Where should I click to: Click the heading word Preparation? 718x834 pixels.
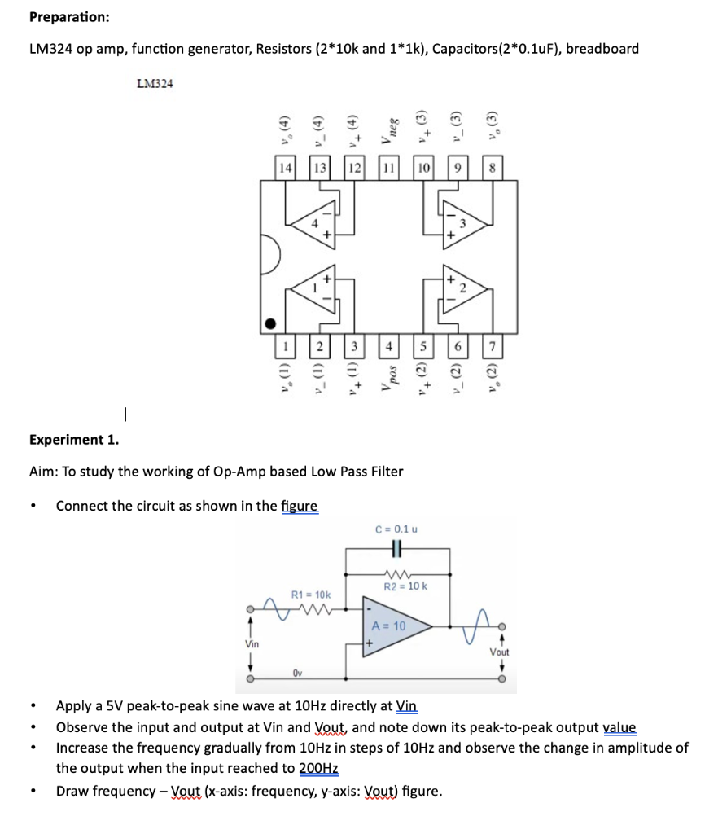(x=69, y=17)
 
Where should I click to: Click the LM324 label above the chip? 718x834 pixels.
(x=155, y=83)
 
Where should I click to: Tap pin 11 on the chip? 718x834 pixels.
(x=389, y=168)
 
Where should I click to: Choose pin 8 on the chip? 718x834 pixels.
(x=493, y=168)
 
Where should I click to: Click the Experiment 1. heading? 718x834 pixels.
(x=73, y=440)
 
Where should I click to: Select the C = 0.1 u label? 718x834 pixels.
(x=396, y=529)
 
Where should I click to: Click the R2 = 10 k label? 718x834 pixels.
(x=405, y=586)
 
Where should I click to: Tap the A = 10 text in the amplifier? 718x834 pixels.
(x=388, y=625)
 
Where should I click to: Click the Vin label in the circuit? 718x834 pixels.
(x=253, y=643)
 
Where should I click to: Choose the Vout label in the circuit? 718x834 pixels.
(x=499, y=652)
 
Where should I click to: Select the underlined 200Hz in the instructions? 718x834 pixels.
(x=319, y=767)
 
